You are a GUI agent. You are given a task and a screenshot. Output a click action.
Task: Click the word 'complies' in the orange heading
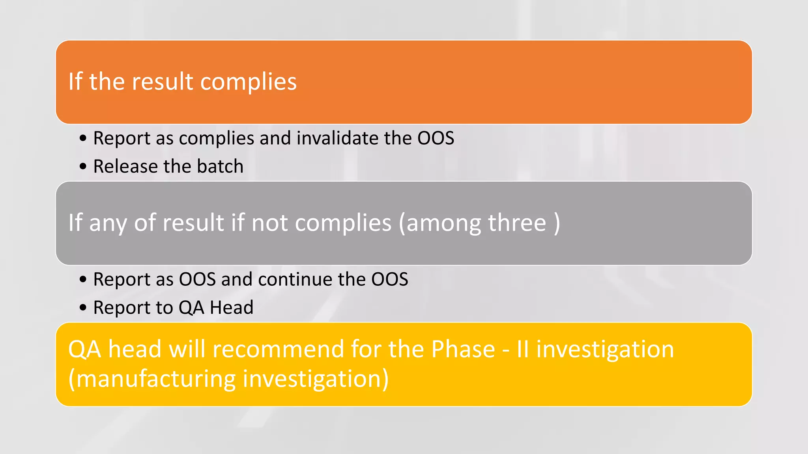click(248, 82)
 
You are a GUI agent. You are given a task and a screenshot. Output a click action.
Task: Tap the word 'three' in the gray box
click(517, 223)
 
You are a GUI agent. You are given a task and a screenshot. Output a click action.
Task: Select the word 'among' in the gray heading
click(442, 223)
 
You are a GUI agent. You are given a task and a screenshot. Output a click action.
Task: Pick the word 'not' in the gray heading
click(269, 223)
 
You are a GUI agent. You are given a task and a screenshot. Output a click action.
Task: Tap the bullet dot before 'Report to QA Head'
click(83, 308)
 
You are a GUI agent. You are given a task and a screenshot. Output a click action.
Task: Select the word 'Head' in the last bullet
click(232, 307)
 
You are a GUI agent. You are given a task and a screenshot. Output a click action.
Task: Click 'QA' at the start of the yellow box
click(84, 350)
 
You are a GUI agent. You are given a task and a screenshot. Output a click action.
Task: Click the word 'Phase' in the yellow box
click(463, 350)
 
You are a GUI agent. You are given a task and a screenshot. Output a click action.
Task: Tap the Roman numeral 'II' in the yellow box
click(522, 350)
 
